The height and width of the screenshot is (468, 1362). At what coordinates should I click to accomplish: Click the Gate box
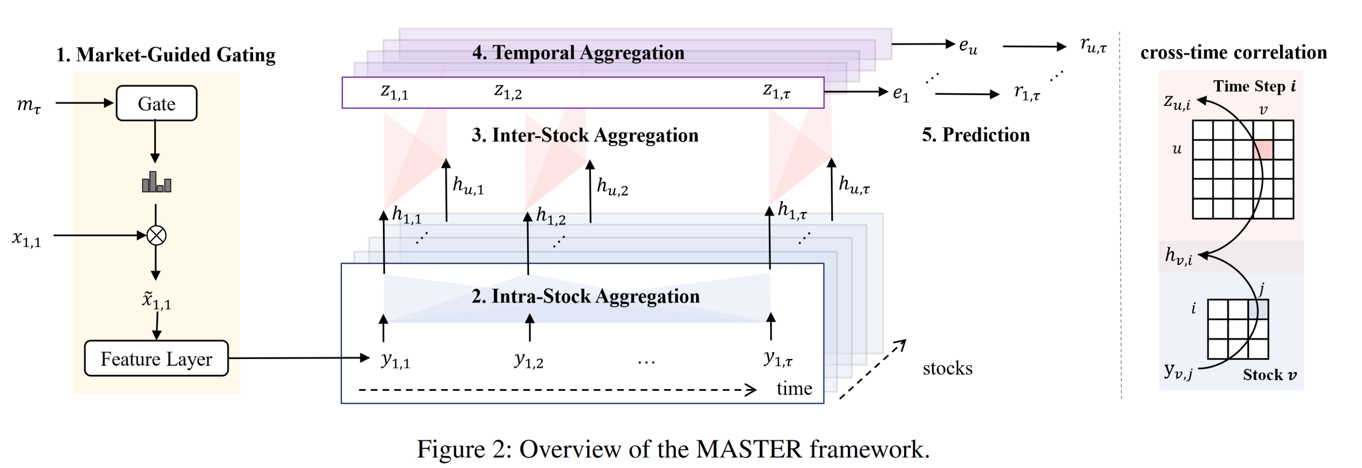tap(156, 103)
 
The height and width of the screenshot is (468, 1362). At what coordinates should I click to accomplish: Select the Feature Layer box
tap(156, 359)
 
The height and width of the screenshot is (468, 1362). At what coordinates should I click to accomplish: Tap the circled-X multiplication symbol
tap(156, 235)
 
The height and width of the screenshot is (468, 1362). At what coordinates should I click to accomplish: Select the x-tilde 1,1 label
tap(156, 300)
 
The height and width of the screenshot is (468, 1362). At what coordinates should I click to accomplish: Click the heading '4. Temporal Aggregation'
tap(578, 52)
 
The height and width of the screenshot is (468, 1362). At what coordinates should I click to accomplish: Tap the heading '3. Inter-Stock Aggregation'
tap(585, 136)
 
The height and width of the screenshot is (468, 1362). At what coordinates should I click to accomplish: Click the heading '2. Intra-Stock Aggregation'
tap(585, 296)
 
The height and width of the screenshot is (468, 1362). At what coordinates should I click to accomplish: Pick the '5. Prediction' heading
tap(976, 135)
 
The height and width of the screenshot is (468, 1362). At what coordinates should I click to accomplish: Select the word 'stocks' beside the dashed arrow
tap(947, 368)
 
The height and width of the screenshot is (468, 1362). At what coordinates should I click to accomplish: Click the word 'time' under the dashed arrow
tap(793, 389)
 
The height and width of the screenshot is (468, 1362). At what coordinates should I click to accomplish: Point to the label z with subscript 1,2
tap(508, 92)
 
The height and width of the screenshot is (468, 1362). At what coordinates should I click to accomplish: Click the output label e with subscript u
tap(968, 46)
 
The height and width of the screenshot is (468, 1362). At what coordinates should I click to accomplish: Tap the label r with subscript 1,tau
tap(1026, 93)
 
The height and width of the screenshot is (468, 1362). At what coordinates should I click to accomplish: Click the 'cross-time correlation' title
tap(1233, 52)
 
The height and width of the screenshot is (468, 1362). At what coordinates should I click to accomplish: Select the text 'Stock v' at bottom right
tap(1269, 375)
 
